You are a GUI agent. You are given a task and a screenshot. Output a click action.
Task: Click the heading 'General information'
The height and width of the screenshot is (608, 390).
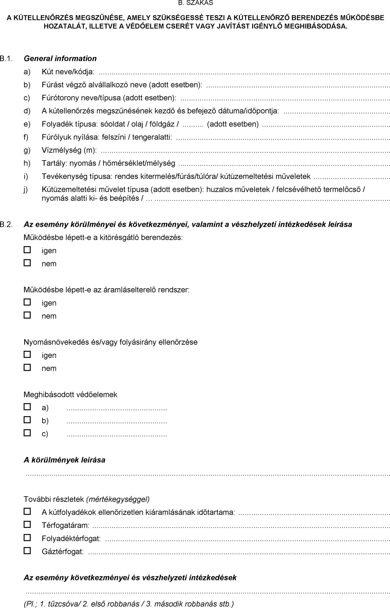click(x=60, y=58)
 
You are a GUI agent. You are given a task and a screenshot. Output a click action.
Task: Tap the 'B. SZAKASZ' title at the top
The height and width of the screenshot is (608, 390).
click(x=195, y=3)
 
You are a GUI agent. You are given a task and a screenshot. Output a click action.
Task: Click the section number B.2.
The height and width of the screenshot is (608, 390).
click(x=6, y=224)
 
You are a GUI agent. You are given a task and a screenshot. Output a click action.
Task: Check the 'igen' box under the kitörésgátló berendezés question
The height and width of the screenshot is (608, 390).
click(x=28, y=250)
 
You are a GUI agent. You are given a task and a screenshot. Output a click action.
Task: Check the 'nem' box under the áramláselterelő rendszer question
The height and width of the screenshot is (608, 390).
click(x=28, y=315)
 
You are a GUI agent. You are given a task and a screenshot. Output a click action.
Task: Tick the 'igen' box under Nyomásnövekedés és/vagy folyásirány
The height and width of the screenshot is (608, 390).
click(x=28, y=354)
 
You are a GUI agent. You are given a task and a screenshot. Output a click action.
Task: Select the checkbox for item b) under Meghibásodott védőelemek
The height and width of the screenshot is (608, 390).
click(x=28, y=420)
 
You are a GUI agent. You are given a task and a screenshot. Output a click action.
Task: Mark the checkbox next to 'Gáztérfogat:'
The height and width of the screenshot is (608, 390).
click(x=28, y=551)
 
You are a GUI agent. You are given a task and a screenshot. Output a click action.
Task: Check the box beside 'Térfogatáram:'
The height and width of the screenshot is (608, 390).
click(x=28, y=525)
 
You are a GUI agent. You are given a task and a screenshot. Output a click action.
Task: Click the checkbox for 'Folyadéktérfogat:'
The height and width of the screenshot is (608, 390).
click(x=28, y=538)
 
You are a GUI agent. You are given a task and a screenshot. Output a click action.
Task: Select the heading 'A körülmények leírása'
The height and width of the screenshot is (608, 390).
click(x=64, y=460)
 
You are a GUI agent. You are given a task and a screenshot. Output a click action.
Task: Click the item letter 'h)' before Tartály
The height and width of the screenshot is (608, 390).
click(x=27, y=163)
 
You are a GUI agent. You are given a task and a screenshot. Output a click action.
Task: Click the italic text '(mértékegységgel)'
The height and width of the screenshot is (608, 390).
click(x=118, y=499)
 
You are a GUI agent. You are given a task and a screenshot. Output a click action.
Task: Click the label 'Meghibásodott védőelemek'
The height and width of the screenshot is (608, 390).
click(x=71, y=394)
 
